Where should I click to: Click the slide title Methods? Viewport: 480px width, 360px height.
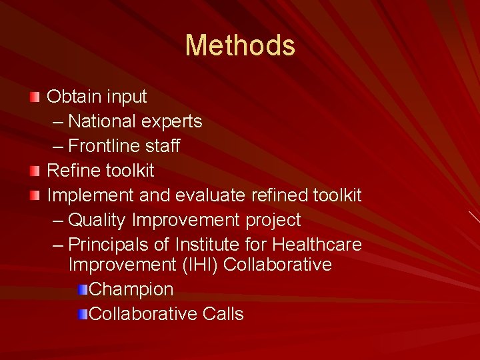tap(240, 45)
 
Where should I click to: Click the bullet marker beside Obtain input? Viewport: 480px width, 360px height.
tap(35, 97)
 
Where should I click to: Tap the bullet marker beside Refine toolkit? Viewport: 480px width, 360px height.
tap(35, 171)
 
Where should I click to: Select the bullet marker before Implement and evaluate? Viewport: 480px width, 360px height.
tap(35, 196)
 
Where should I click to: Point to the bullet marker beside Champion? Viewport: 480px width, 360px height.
tap(82, 289)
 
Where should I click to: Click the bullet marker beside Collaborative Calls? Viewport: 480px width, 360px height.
tap(82, 314)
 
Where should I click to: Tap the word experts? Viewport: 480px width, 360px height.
tap(171, 122)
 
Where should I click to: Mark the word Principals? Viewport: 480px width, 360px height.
tap(110, 245)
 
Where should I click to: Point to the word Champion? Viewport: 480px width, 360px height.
tap(131, 290)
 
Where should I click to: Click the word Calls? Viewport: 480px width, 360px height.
tap(223, 314)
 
